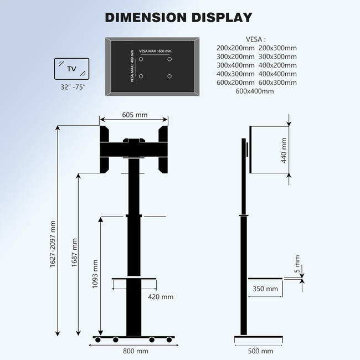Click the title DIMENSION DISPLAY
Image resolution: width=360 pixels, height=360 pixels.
pos(179,17)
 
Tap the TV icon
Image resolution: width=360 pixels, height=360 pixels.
pos(72,69)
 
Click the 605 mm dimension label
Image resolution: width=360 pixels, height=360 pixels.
pos(134,115)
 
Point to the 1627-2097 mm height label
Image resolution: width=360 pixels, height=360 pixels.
pos(53,245)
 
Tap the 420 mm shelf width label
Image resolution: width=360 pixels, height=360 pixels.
pos(161,297)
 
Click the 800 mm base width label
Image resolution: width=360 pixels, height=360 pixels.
pos(135,351)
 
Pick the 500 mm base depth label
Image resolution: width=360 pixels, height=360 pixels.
pos(260,351)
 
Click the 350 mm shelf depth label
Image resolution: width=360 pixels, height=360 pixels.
pos(265,289)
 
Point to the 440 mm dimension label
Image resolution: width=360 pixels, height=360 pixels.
pos(284,150)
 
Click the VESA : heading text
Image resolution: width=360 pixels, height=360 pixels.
pos(255,39)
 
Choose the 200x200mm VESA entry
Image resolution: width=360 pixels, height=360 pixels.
pos(235,48)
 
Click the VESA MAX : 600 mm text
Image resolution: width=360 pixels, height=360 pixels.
pos(156,51)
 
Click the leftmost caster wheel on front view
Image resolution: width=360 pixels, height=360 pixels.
pos(98,340)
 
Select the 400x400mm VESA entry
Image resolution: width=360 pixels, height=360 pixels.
pos(277,74)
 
